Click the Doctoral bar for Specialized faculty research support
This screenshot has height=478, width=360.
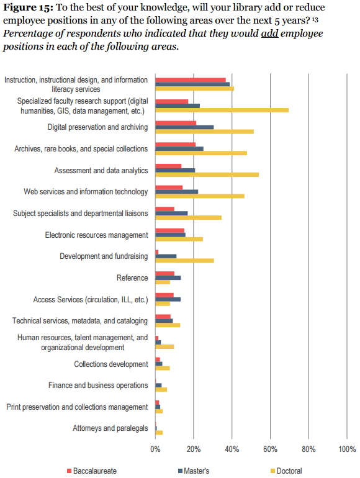pos(222,110)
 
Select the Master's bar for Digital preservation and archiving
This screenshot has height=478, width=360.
pos(184,127)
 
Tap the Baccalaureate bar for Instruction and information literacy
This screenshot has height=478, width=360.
pos(191,80)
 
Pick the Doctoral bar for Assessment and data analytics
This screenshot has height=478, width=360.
pos(207,174)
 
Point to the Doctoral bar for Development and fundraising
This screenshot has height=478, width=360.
pos(185,261)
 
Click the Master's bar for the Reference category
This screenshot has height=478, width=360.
pos(168,277)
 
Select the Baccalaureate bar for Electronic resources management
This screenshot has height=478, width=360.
pos(170,230)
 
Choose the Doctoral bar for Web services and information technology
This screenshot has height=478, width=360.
pos(200,196)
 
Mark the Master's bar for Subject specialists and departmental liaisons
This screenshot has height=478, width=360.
pos(171,214)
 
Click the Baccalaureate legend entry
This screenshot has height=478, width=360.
pos(92,471)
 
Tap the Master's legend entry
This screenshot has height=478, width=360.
pos(194,471)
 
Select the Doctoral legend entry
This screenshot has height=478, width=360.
pos(287,471)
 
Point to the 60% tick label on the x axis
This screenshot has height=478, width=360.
pos(270,449)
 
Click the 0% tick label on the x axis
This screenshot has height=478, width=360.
pos(155,449)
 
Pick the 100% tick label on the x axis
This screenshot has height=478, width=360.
pos(347,449)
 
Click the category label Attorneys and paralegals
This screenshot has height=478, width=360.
pos(110,428)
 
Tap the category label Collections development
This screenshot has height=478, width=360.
pos(111,364)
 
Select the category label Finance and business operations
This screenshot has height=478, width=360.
pos(98,386)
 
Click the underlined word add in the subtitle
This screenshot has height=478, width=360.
pos(270,34)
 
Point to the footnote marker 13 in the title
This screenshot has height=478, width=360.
pos(315,20)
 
